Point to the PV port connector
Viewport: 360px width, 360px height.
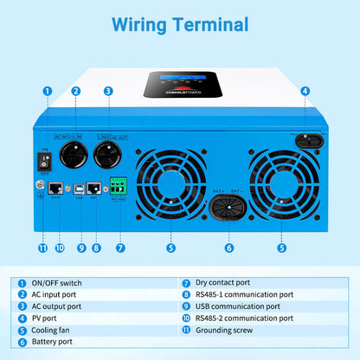pos(305,138)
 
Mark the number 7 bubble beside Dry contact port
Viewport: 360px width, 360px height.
pos(186,282)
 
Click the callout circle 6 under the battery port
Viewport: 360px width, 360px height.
pos(229,247)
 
